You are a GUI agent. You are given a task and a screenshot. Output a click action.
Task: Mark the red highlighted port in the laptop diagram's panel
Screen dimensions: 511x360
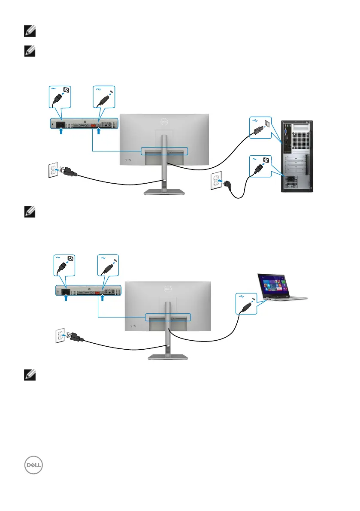97,293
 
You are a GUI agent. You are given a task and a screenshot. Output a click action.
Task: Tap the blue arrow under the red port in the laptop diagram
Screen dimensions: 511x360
103,300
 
